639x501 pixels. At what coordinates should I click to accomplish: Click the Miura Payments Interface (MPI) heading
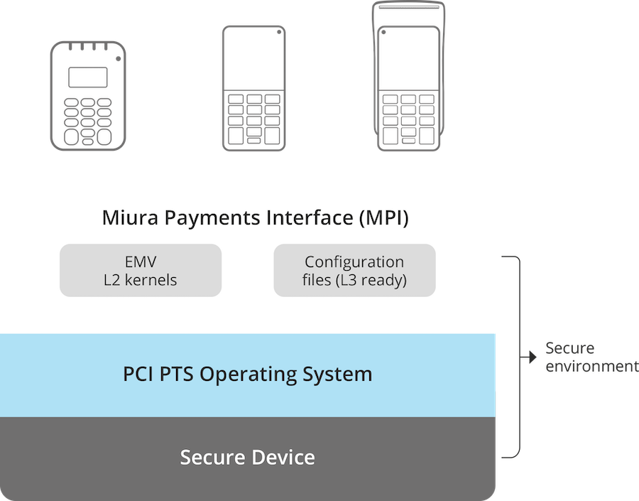coord(255,217)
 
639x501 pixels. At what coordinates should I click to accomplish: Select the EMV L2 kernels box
coord(141,271)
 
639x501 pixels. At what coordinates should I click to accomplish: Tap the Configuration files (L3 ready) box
coord(354,271)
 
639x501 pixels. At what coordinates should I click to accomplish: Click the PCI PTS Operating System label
coord(248,374)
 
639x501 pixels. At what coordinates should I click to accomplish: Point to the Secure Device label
coord(248,457)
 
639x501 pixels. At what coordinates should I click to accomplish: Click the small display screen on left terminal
coord(88,77)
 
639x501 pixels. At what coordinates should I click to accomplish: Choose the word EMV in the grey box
coord(141,262)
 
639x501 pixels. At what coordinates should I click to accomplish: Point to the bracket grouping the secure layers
coord(517,355)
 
